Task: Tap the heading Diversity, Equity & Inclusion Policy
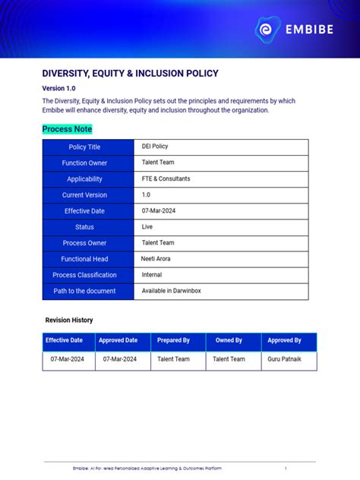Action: coord(130,74)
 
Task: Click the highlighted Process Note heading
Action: coord(67,129)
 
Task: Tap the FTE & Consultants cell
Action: coord(166,179)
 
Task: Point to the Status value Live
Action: coord(147,227)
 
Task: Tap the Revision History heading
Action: coord(69,321)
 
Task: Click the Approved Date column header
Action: coord(118,340)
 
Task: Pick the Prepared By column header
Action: coord(173,340)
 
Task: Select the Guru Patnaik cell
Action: coord(285,359)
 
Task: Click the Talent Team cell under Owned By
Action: coord(229,359)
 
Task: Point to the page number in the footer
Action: coord(286,469)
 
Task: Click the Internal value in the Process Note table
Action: coord(152,275)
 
